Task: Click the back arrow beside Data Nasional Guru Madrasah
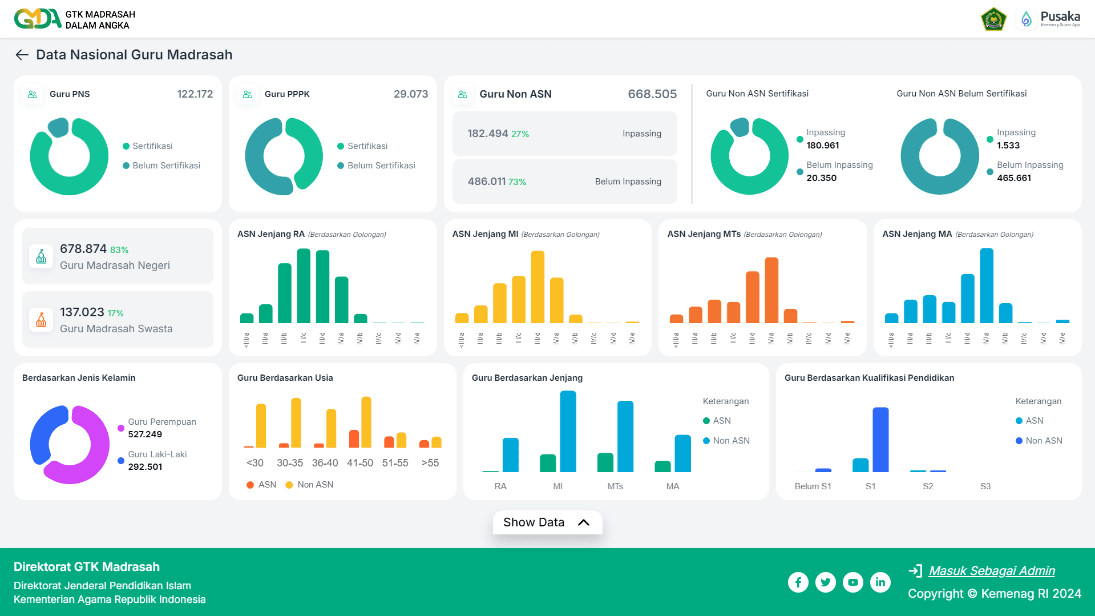pos(22,55)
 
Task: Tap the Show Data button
pos(547,522)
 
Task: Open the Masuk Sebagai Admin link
pos(991,570)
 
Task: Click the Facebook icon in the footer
pos(798,582)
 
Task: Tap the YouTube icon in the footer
pos(852,582)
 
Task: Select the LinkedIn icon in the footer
pos(880,582)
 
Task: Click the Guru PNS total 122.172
pos(195,94)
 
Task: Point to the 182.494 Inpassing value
pos(487,134)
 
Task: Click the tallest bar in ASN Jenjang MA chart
pos(986,285)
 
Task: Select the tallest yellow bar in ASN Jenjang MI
pos(537,287)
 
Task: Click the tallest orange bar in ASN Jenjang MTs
pos(771,290)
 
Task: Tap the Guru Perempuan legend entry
pos(161,422)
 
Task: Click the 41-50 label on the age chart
pos(359,463)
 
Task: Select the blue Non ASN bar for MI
pos(568,432)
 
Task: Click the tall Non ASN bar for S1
pos(880,440)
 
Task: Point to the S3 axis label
pos(985,486)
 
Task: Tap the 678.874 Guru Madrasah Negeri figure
pos(83,249)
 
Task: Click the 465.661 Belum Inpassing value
pos(1013,178)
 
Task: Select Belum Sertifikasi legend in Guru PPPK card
pos(381,166)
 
